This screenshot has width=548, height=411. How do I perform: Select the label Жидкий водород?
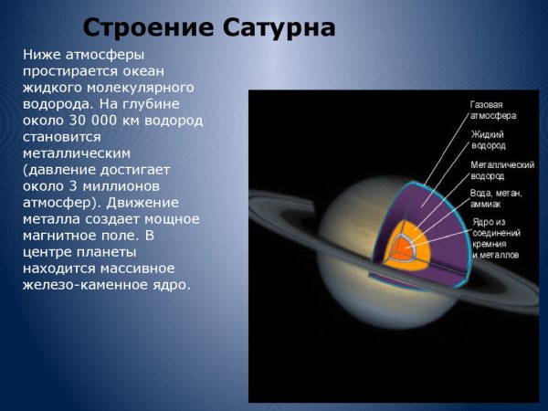coord(489,140)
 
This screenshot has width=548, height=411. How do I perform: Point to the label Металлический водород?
coord(501,171)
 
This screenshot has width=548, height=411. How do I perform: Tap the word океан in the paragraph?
coord(161,70)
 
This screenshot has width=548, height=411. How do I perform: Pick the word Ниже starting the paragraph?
coord(42,54)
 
